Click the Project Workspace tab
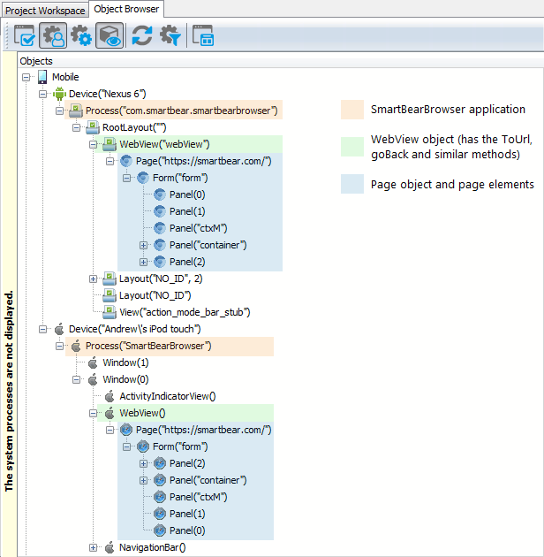[x=45, y=11]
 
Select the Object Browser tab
[x=127, y=10]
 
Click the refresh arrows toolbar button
[x=141, y=36]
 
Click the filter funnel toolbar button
[x=170, y=36]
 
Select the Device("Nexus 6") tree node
[x=107, y=94]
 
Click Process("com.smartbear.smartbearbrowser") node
[x=182, y=111]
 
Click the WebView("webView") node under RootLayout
[x=164, y=144]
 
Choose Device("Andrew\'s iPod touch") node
[x=147, y=329]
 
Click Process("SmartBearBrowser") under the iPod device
[x=147, y=346]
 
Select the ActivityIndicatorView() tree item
[x=167, y=396]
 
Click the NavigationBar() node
[x=152, y=547]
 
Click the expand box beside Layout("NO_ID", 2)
[x=94, y=279]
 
